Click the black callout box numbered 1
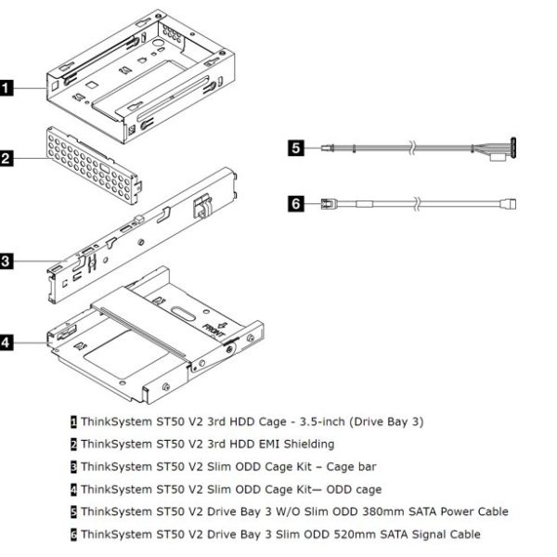pos(6,88)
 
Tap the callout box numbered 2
pos(6,159)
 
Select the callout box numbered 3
pos(6,262)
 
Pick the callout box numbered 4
pos(6,343)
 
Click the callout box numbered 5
pos(296,148)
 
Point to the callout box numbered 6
pos(296,204)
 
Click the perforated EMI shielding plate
pos(94,165)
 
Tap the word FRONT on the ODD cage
pos(214,330)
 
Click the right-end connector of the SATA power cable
pos(504,149)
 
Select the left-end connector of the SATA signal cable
pos(327,204)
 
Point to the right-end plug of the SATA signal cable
pos(509,204)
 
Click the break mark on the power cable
pos(411,148)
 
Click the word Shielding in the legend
pos(309,445)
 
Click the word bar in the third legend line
pos(367,466)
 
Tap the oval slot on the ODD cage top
pos(183,314)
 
